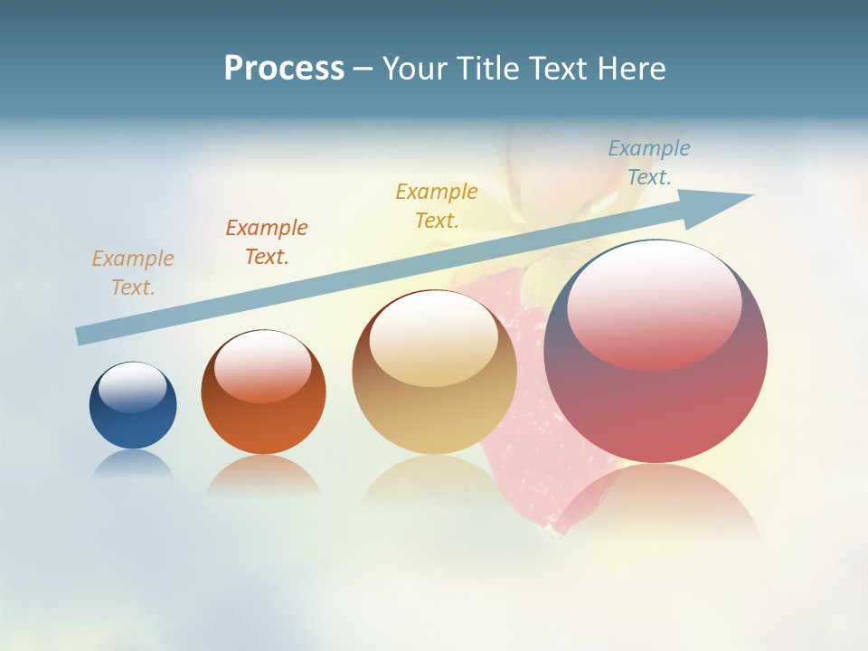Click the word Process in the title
[284, 68]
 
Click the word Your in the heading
[416, 68]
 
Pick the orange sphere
[263, 425]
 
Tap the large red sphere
[656, 407]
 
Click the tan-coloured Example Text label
[133, 272]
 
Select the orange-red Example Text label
[267, 241]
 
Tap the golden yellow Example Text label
[437, 205]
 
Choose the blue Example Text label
[649, 162]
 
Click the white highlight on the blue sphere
[133, 386]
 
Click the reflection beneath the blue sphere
[133, 464]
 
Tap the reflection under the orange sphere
[263, 475]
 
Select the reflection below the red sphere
[656, 497]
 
